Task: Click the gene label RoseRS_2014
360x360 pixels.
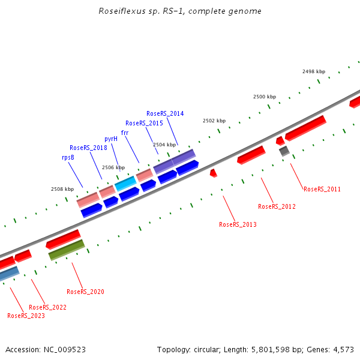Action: tap(165, 113)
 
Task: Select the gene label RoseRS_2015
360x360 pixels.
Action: tap(144, 123)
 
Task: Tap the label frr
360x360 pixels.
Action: tap(125, 133)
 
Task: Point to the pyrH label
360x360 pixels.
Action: tap(111, 139)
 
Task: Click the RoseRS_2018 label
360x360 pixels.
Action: tap(88, 148)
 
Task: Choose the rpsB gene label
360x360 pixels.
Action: tap(68, 157)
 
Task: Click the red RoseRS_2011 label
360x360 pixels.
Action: tap(322, 189)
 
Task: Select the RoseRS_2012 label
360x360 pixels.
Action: tap(277, 206)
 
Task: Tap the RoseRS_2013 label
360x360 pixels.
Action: tap(238, 224)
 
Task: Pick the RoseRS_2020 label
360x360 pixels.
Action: tap(85, 292)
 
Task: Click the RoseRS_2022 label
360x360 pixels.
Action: tap(47, 307)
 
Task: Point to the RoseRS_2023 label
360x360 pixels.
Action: tap(26, 316)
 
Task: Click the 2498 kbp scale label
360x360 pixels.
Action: tap(313, 71)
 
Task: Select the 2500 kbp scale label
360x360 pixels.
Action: tap(264, 97)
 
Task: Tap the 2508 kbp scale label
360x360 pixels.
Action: tap(62, 189)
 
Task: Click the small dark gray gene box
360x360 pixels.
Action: tap(284, 151)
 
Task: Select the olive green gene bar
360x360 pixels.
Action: tap(66, 250)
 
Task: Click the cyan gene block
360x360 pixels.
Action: tap(125, 182)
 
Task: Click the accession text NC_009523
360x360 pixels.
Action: tap(64, 349)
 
